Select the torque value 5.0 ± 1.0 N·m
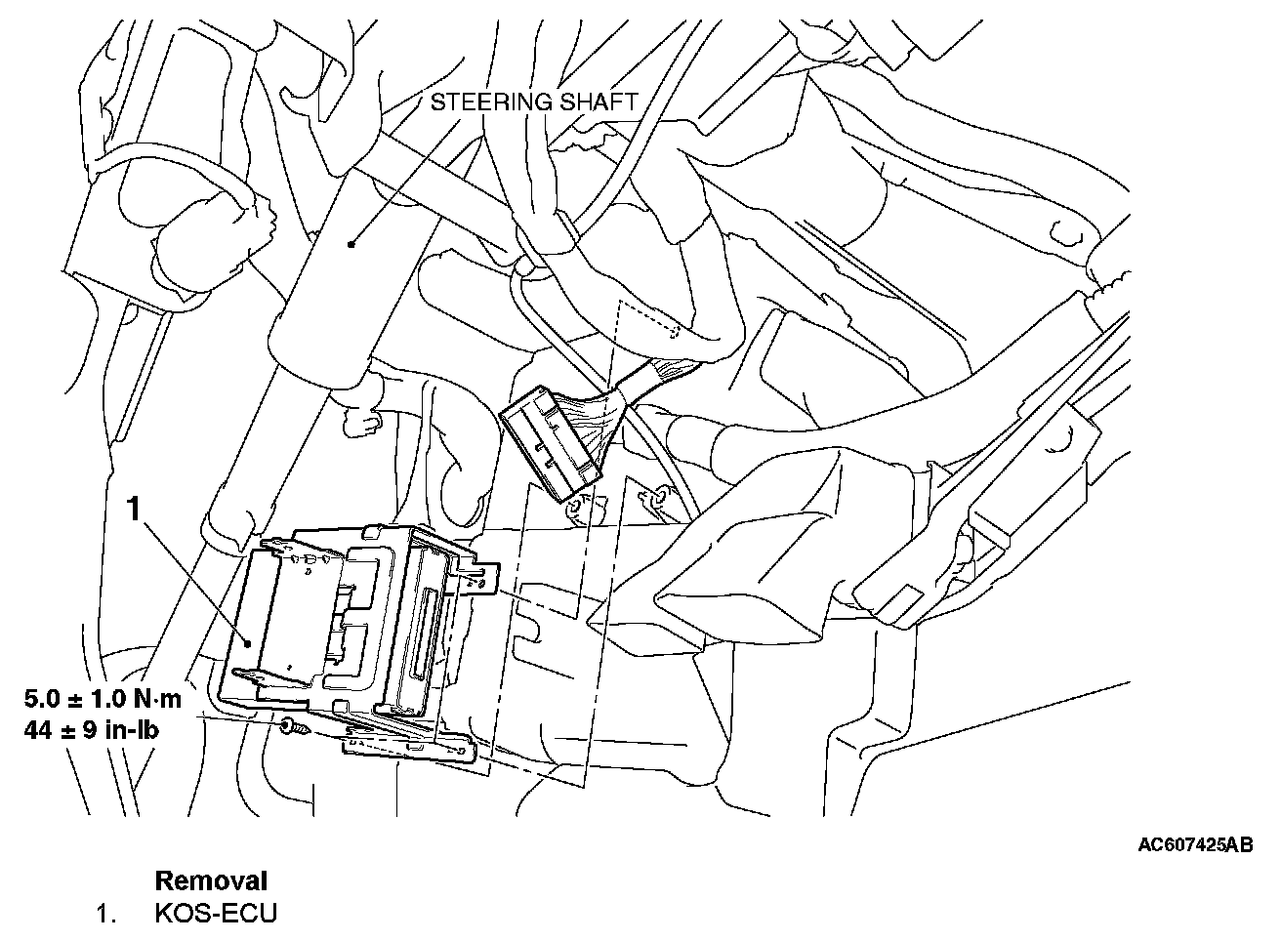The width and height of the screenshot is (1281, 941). [x=103, y=700]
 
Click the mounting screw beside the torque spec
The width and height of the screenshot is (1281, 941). [x=290, y=727]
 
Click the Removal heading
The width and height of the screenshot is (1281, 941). [x=211, y=880]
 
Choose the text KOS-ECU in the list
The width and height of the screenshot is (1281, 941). [x=216, y=914]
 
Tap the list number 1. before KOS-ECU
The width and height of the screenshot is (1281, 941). [x=106, y=914]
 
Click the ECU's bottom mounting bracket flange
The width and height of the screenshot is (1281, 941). [x=410, y=747]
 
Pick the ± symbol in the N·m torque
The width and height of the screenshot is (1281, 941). [x=69, y=700]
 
